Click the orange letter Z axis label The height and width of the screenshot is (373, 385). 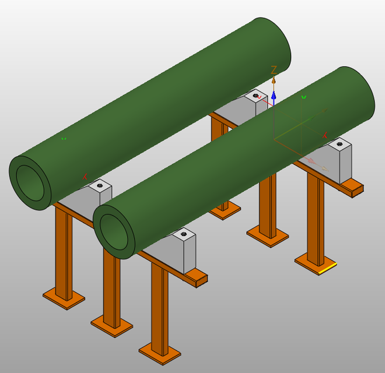point(274,71)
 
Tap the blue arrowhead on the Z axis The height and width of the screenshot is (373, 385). point(274,94)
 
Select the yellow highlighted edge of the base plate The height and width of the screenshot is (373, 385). point(327,269)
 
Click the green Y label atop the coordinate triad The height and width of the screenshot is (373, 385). point(303,97)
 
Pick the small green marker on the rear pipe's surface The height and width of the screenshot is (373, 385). point(64,138)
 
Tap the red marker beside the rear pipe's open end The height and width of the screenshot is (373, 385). point(86,176)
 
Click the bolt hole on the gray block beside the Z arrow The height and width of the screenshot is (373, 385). point(256,94)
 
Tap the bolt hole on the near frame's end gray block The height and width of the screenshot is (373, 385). point(184,234)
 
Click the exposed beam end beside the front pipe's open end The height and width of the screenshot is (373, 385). point(198,279)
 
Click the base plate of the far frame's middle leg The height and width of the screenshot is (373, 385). point(267,235)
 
